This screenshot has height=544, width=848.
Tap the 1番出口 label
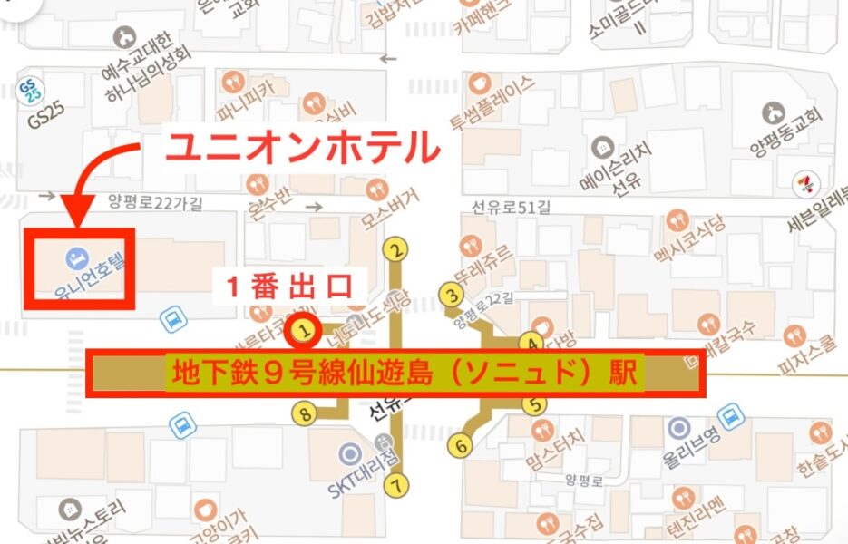pyautogui.click(x=288, y=287)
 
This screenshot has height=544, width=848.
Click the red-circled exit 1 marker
pyautogui.click(x=306, y=333)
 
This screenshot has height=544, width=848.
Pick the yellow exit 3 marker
pyautogui.click(x=448, y=293)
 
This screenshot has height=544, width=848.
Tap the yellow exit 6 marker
pyautogui.click(x=460, y=445)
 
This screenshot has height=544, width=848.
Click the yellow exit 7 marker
pyautogui.click(x=396, y=485)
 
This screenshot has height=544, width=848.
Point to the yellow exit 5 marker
pyautogui.click(x=535, y=405)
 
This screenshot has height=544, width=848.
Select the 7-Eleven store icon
pyautogui.click(x=802, y=180)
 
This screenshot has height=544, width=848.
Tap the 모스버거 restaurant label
pyautogui.click(x=391, y=206)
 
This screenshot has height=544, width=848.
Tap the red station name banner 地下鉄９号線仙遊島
pyautogui.click(x=395, y=374)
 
